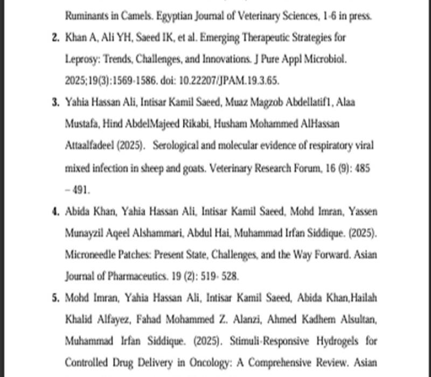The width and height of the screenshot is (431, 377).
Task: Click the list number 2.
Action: tap(55, 39)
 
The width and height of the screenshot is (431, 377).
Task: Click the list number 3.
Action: tap(55, 102)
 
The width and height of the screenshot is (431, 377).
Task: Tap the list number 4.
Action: tap(55, 211)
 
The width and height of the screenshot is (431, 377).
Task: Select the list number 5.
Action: tap(55, 298)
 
